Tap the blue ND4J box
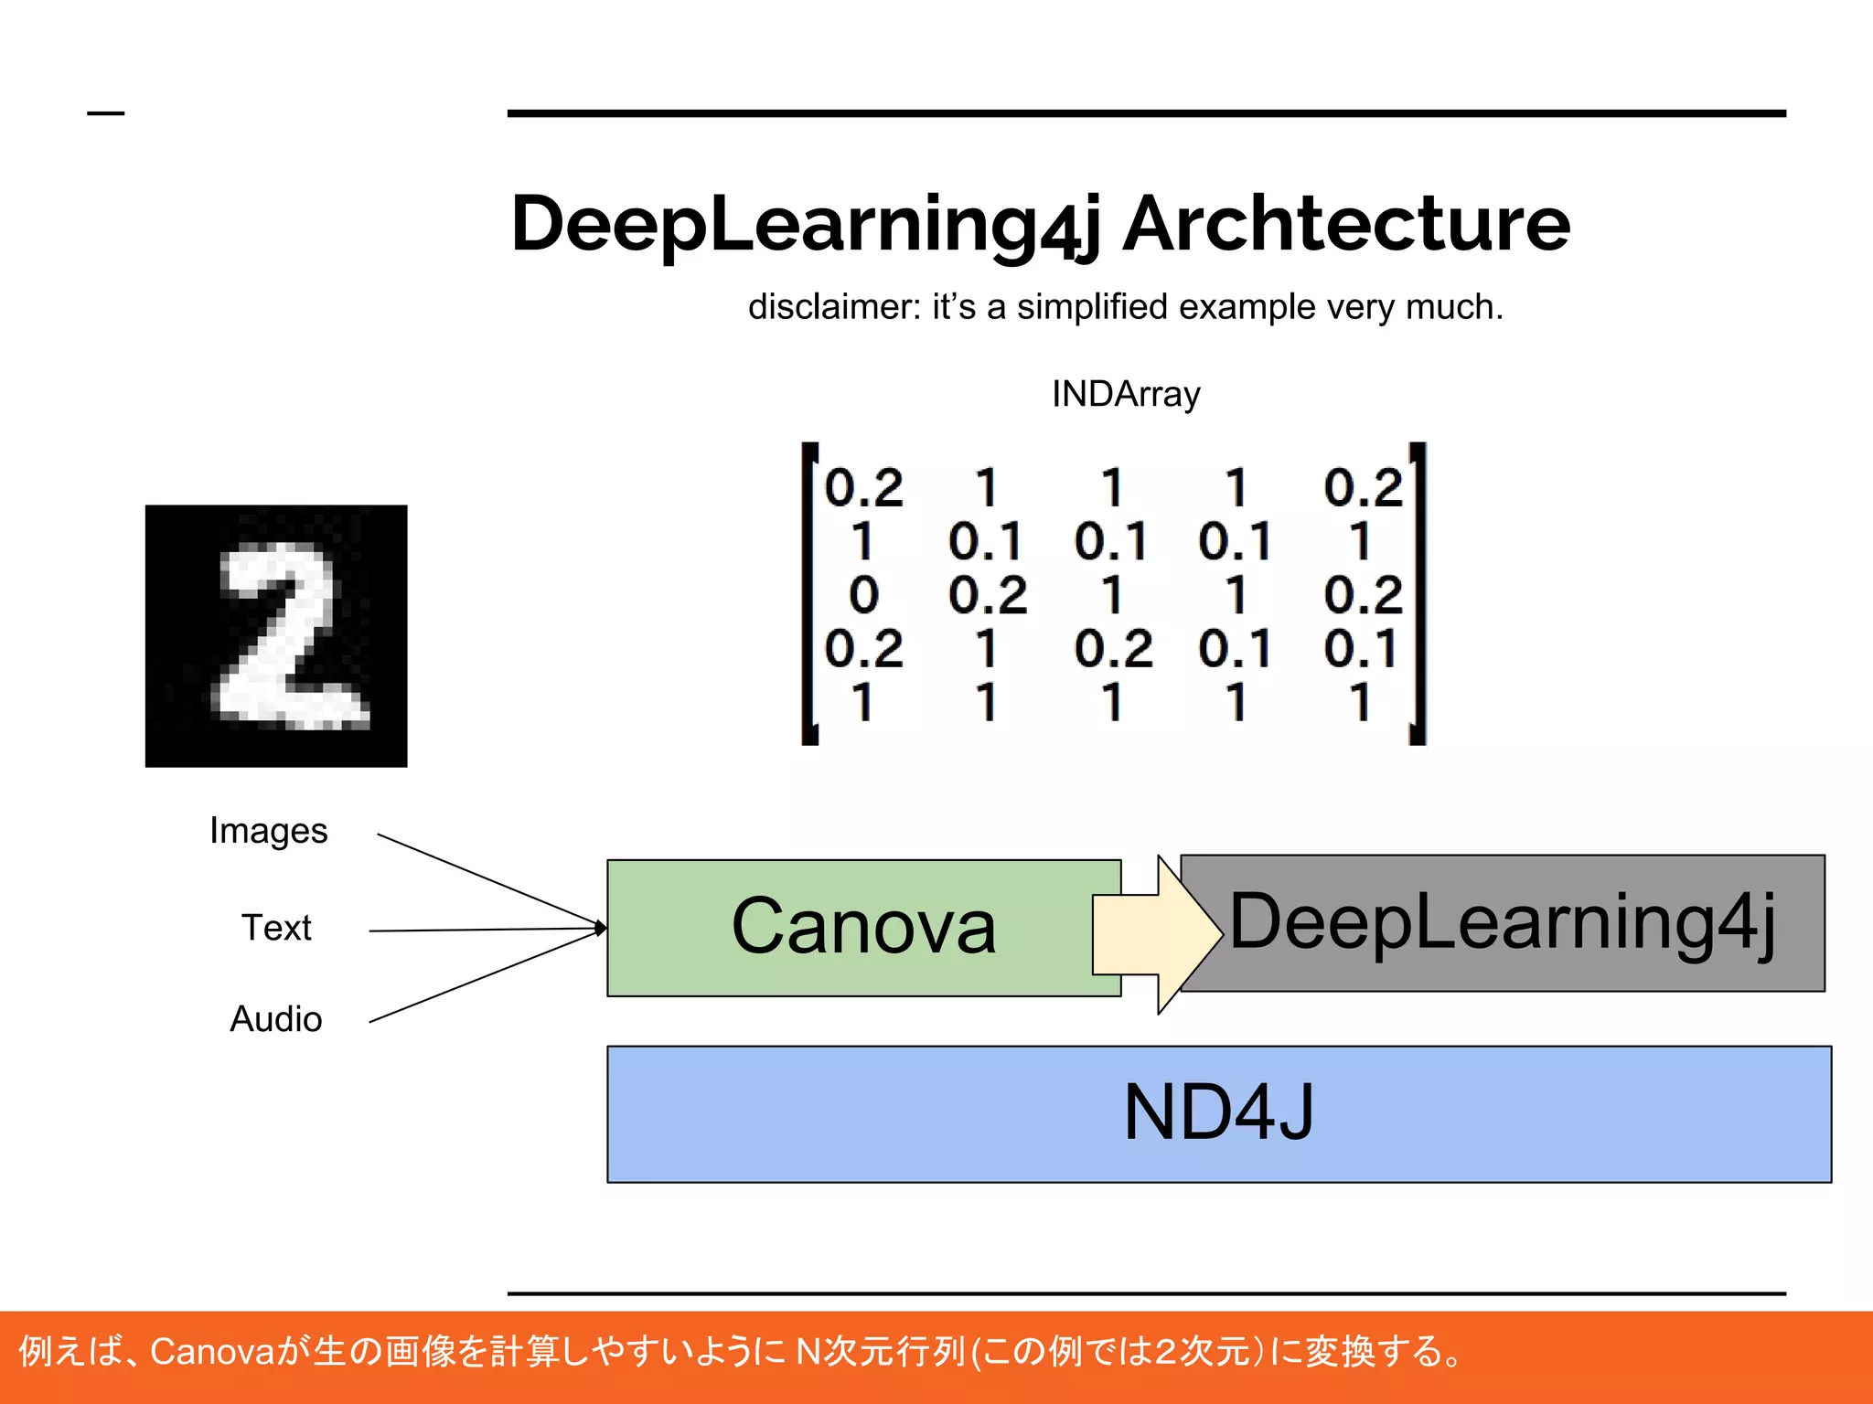(x=1219, y=1113)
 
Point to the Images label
(x=268, y=831)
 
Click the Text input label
(x=276, y=928)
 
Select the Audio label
(x=275, y=1019)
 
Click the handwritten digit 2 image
(x=276, y=636)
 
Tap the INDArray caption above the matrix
(x=1126, y=394)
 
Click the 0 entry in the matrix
(x=863, y=595)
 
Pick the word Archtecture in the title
(x=1346, y=224)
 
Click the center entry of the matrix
(x=1112, y=595)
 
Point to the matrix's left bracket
(x=808, y=594)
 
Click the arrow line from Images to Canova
(x=485, y=878)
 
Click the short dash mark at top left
(x=105, y=113)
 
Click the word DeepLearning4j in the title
(x=805, y=224)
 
